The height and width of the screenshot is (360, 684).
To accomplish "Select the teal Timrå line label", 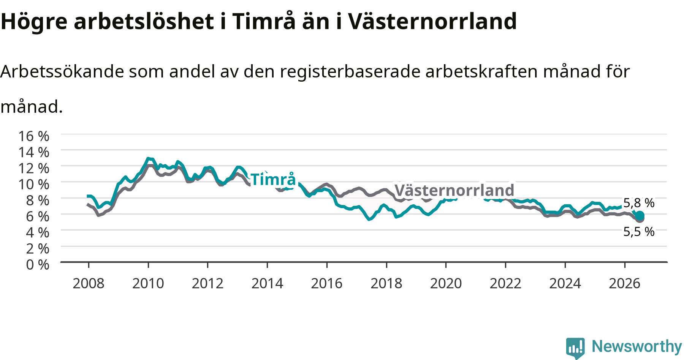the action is click(273, 180).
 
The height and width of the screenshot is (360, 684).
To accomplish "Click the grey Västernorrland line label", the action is click(454, 190).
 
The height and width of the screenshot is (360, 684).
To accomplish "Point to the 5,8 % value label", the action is click(639, 203).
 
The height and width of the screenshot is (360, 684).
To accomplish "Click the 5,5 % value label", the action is click(639, 232).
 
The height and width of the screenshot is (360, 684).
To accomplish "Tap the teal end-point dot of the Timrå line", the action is click(640, 215).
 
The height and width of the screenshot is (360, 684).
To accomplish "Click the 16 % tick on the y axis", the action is click(33, 136).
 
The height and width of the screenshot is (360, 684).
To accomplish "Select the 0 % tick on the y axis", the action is click(38, 264).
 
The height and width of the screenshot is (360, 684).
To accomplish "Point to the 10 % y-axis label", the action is click(33, 184).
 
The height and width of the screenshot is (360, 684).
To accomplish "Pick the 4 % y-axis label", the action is click(38, 232).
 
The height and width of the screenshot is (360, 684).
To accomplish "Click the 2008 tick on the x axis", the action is click(88, 283).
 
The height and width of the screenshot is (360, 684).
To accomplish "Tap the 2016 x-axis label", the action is click(327, 283).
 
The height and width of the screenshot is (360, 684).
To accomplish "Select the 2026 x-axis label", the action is click(625, 283).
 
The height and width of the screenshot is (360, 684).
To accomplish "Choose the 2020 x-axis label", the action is click(446, 283).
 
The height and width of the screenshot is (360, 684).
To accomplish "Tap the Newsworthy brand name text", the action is click(637, 346).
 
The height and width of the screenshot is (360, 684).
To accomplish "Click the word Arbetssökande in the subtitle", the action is click(62, 71).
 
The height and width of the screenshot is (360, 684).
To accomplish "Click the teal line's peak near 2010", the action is click(148, 158).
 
